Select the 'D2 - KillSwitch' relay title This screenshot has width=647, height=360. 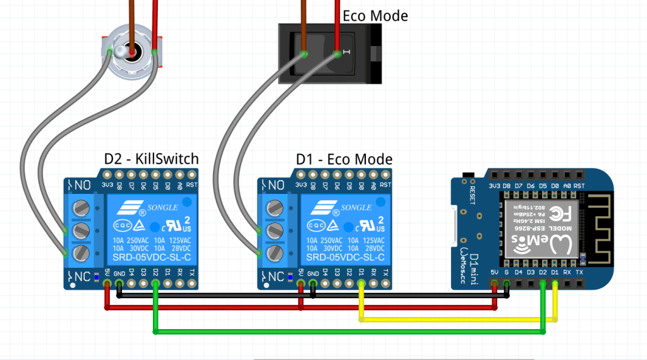[151, 159]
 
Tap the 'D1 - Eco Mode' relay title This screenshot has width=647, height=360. [344, 159]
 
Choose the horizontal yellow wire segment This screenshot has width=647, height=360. [455, 320]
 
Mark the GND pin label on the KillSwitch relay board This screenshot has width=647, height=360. [119, 273]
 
